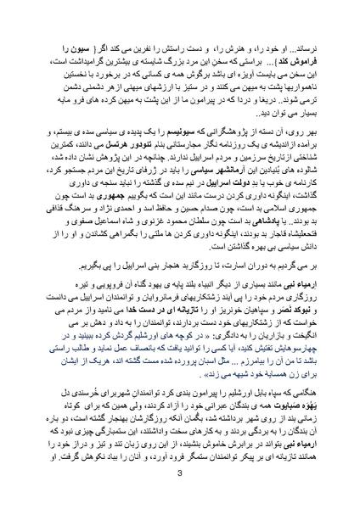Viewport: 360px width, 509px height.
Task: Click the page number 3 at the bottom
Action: point(180,484)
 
